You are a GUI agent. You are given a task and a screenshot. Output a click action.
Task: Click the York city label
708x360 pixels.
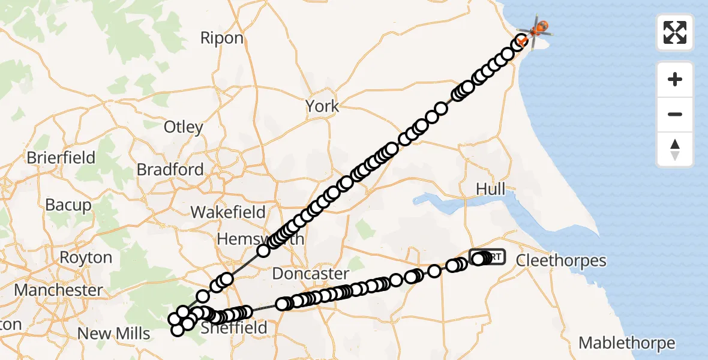click(x=322, y=107)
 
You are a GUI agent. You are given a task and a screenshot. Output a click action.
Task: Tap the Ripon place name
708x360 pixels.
click(x=222, y=38)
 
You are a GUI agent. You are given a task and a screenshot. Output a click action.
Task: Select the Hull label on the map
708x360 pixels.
click(x=490, y=189)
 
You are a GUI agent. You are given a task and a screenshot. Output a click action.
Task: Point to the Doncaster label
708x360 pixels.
click(x=310, y=274)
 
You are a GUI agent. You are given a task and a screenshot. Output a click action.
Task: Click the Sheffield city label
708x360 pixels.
click(x=233, y=328)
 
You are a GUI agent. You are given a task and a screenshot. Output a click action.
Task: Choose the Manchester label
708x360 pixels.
click(x=58, y=290)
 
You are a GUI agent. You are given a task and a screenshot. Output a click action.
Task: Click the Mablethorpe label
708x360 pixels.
click(x=626, y=343)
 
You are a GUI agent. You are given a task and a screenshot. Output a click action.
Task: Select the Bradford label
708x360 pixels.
click(x=170, y=170)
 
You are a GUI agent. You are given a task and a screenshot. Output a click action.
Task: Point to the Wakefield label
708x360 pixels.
click(x=228, y=212)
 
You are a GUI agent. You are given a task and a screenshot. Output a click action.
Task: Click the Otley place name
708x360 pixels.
click(x=183, y=127)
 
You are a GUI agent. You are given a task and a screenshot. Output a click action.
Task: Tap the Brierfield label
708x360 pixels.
click(x=61, y=158)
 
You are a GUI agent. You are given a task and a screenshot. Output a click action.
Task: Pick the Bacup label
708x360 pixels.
click(x=68, y=205)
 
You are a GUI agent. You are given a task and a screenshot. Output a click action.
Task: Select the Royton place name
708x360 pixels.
click(x=86, y=258)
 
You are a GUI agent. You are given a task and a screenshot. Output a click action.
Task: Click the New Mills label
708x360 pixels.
click(x=113, y=334)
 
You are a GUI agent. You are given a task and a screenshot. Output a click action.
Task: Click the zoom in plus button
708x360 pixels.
click(x=675, y=79)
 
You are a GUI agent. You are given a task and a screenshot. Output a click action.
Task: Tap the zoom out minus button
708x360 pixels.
click(x=675, y=114)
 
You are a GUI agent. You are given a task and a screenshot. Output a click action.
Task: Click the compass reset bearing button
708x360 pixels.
click(x=675, y=149)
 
